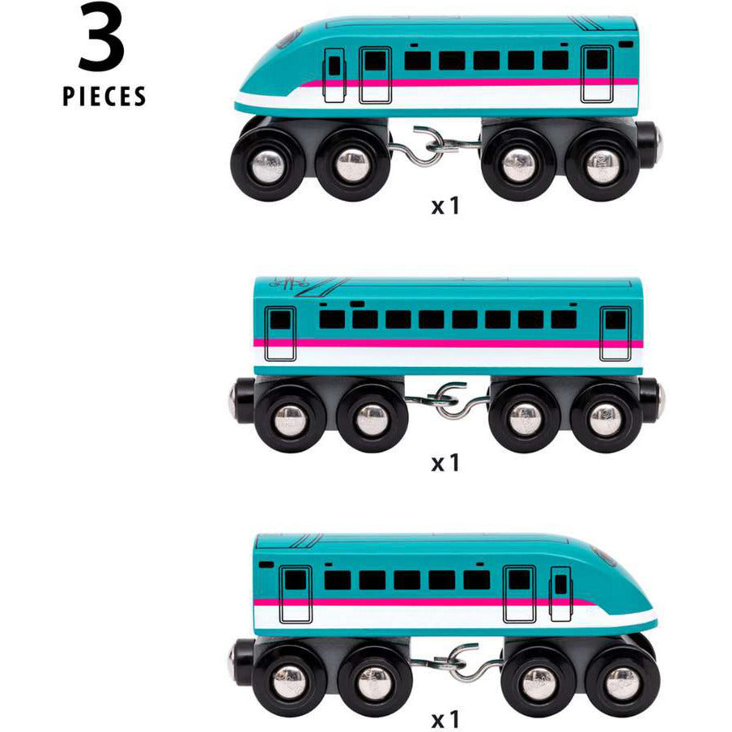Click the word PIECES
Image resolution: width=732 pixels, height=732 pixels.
coord(104,96)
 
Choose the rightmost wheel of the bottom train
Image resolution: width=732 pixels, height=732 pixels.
coord(622,679)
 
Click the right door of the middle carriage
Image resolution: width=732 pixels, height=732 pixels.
coord(615,332)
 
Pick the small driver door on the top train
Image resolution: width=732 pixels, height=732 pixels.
coord(334,74)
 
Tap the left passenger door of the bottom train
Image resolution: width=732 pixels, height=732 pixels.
coord(296,593)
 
